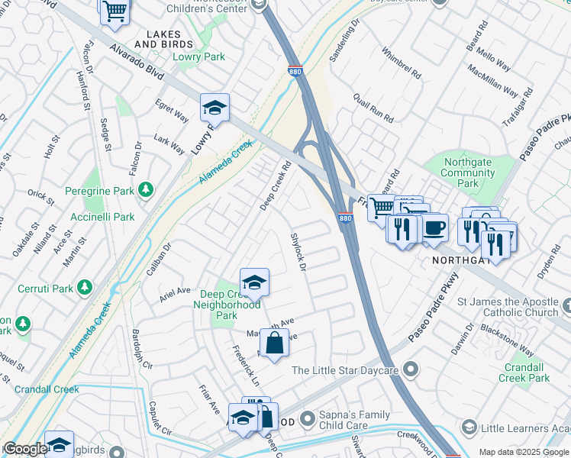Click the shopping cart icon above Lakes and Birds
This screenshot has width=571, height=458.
pyautogui.click(x=115, y=12)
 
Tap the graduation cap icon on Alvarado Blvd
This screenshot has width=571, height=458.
pyautogui.click(x=215, y=108)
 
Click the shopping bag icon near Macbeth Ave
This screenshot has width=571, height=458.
pyautogui.click(x=274, y=343)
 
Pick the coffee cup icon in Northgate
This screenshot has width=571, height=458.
pyautogui.click(x=434, y=228)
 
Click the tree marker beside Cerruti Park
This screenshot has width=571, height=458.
pyautogui.click(x=85, y=287)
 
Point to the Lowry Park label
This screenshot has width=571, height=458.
pyautogui.click(x=198, y=56)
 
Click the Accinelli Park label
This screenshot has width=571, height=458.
pyautogui.click(x=108, y=217)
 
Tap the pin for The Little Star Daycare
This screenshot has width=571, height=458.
pyautogui.click(x=411, y=370)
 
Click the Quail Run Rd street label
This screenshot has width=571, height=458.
pyautogui.click(x=373, y=109)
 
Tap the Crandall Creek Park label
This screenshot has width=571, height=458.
pyautogui.click(x=527, y=373)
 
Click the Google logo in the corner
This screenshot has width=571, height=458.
pyautogui.click(x=25, y=450)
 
